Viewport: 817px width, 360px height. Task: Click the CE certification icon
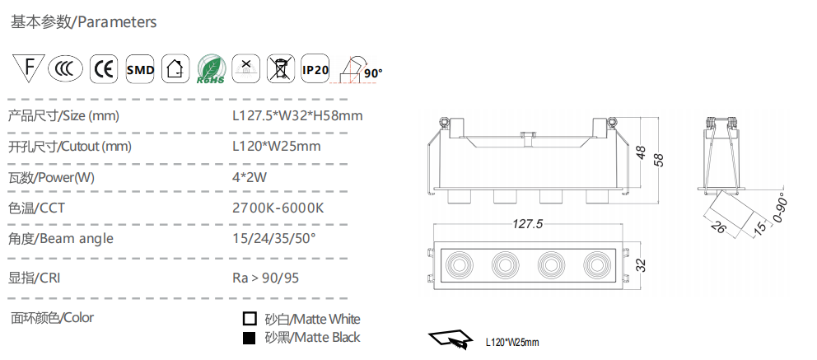click(x=104, y=68)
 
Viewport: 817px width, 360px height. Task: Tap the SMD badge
click(x=140, y=68)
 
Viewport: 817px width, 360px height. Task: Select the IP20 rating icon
click(x=315, y=68)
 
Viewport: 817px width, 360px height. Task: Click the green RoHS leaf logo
click(x=211, y=69)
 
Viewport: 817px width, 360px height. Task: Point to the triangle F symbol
click(x=29, y=66)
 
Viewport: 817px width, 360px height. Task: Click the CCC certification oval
click(x=65, y=68)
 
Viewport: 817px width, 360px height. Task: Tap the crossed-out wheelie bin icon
click(x=281, y=68)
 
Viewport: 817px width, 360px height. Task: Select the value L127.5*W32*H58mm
click(x=297, y=115)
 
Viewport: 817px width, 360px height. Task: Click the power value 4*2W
click(x=249, y=177)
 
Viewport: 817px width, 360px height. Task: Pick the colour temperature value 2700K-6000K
click(x=278, y=208)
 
